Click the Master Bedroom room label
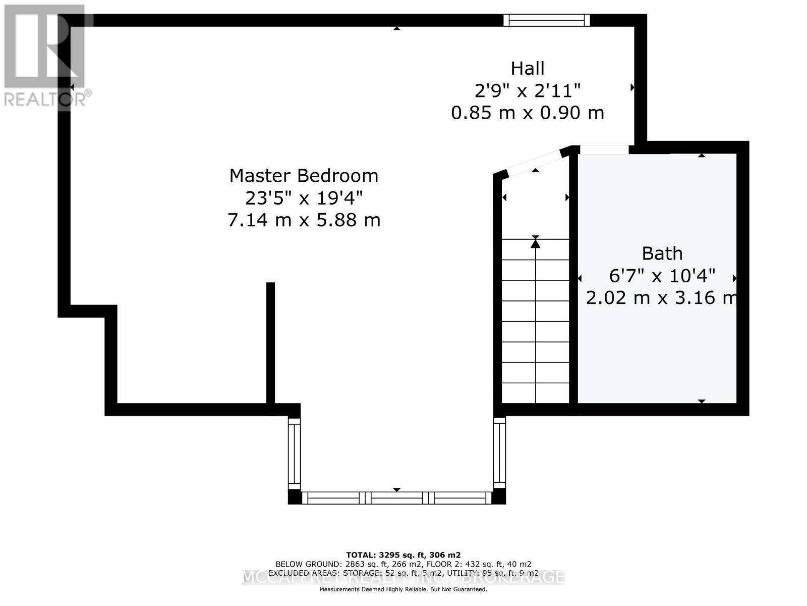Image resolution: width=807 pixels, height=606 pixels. (x=304, y=176)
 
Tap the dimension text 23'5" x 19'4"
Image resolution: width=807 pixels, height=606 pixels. (x=304, y=198)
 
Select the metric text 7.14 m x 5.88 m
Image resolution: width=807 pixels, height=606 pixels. (x=304, y=220)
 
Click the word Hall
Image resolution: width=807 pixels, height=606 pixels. (x=528, y=68)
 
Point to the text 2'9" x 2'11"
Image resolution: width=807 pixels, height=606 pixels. (x=528, y=91)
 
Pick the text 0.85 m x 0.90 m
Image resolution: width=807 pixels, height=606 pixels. (x=528, y=113)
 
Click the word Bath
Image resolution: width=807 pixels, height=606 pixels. (x=662, y=253)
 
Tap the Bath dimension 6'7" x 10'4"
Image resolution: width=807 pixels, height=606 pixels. (x=662, y=276)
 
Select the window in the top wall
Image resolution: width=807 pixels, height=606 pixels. (x=547, y=20)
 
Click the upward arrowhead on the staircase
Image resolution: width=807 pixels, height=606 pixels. (x=536, y=243)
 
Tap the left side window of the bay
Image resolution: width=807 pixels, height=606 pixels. (x=294, y=452)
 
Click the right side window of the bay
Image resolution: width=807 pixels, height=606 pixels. (x=499, y=452)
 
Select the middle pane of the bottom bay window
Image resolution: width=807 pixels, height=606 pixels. (x=397, y=498)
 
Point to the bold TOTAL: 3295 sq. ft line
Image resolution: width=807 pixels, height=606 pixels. (x=403, y=554)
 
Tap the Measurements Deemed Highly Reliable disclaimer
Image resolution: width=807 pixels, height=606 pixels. (x=403, y=589)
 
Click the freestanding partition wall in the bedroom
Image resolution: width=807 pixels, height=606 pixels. (x=270, y=343)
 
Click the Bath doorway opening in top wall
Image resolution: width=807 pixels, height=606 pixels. (x=604, y=149)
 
